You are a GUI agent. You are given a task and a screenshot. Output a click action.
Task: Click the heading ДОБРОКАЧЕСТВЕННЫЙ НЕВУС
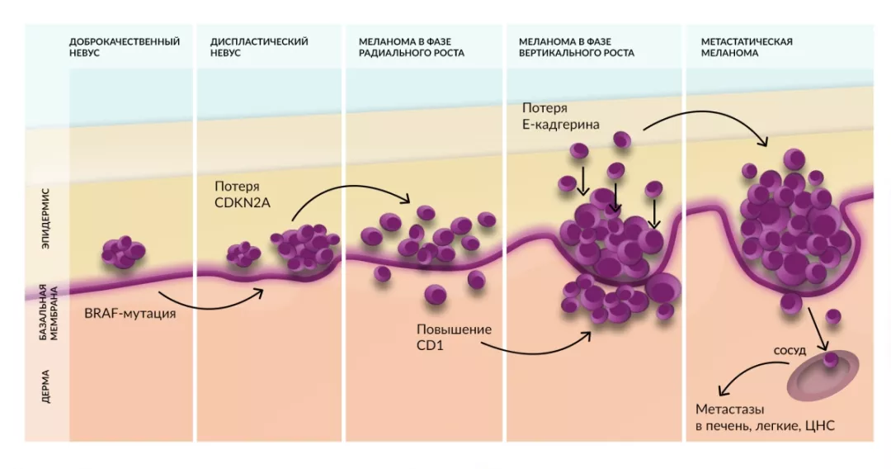click(124, 47)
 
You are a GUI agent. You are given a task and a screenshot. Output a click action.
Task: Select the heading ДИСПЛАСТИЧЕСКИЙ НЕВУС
click(259, 47)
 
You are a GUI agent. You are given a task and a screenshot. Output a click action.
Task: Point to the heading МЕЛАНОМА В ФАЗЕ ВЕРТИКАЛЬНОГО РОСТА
click(576, 47)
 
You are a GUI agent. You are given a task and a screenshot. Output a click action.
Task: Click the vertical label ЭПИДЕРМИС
click(46, 217)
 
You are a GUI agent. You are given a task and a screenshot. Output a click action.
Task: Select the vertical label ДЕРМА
click(46, 386)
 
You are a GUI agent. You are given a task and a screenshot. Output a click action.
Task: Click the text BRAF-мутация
click(130, 314)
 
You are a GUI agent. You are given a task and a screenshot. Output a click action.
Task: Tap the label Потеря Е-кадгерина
click(561, 116)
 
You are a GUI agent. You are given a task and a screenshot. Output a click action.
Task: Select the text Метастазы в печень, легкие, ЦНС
click(765, 417)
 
